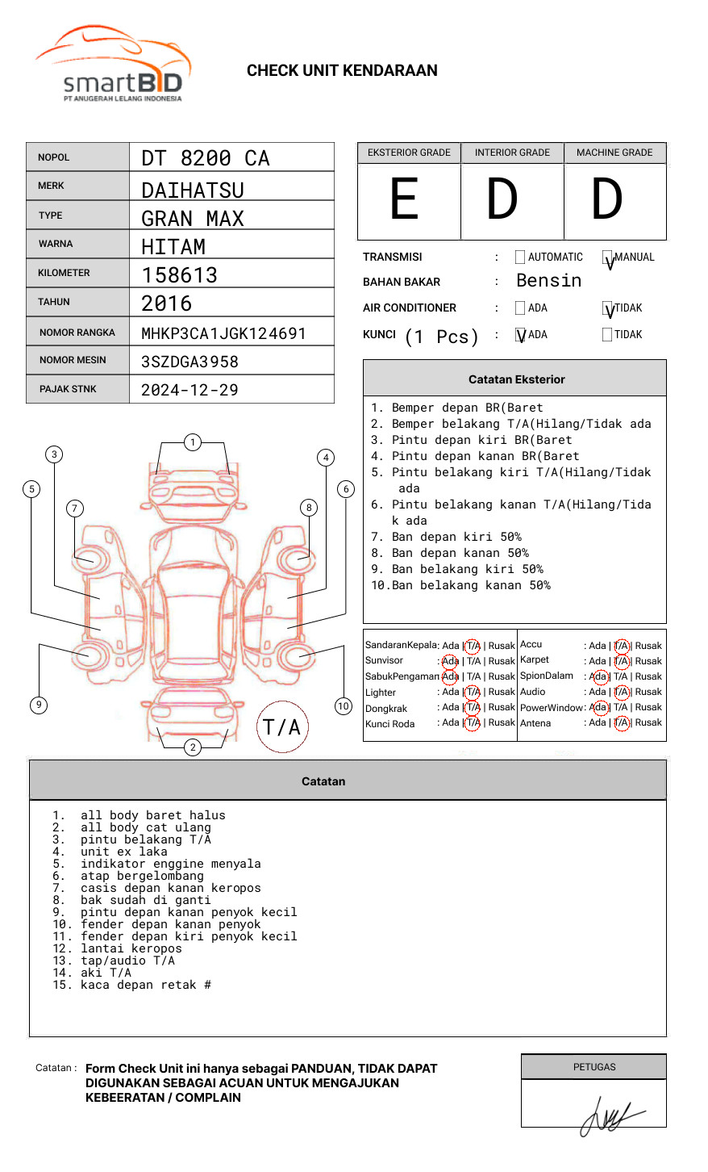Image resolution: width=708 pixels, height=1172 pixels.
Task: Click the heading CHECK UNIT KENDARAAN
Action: tap(342, 71)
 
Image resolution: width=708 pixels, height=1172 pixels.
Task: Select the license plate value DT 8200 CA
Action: tap(206, 158)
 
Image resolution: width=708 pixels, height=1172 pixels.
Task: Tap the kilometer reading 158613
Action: tap(180, 275)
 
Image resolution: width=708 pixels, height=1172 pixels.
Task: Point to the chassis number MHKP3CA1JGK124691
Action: tap(223, 333)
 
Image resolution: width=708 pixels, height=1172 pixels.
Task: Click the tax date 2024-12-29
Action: tap(189, 390)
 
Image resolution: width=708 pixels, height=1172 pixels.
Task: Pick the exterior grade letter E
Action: tap(405, 200)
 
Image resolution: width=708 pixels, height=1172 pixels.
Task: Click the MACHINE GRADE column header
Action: tap(614, 153)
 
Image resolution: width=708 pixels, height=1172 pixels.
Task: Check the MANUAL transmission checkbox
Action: tap(608, 258)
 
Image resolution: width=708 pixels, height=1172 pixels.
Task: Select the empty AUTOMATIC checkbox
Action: tap(520, 257)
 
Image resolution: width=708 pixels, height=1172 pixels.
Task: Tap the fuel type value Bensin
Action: tap(548, 281)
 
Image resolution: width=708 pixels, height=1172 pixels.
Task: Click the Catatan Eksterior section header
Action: tap(516, 379)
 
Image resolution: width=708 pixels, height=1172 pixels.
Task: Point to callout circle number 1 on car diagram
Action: tap(192, 442)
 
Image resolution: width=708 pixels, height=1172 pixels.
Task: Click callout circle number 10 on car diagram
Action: tap(344, 706)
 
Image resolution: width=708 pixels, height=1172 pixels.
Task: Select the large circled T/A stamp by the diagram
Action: tap(282, 727)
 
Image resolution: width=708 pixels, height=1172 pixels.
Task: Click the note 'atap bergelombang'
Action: tap(142, 876)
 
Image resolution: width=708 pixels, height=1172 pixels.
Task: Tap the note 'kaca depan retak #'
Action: tap(145, 985)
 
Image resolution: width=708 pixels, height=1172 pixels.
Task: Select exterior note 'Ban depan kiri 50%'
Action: tap(456, 537)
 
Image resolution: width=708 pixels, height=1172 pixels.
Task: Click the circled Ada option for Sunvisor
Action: tap(450, 661)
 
